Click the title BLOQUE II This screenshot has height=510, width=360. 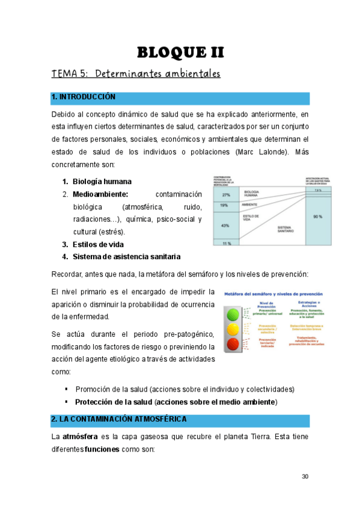pyautogui.click(x=180, y=52)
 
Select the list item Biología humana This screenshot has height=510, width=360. pyautogui.click(x=102, y=182)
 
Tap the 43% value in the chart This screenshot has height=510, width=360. pyautogui.click(x=226, y=225)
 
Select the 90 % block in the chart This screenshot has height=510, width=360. pyautogui.click(x=319, y=217)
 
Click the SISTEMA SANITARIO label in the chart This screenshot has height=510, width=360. pyautogui.click(x=285, y=229)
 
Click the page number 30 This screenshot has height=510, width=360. pyautogui.click(x=305, y=477)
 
